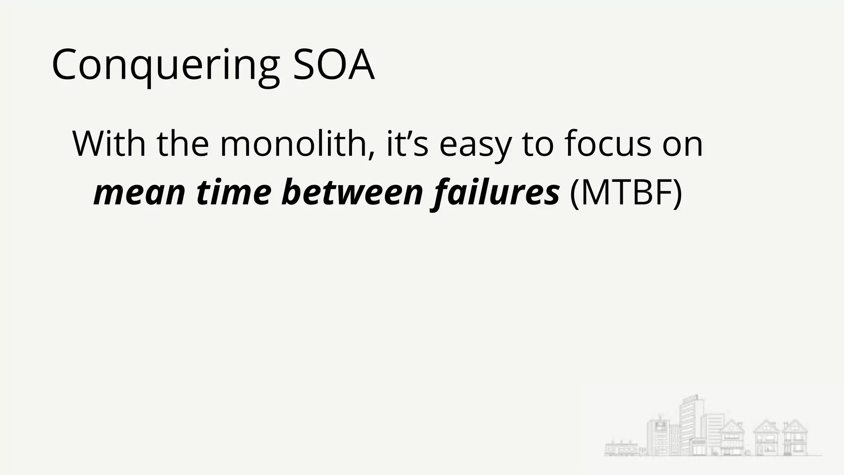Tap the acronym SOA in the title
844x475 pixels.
[x=333, y=65]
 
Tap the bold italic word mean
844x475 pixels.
[x=139, y=193]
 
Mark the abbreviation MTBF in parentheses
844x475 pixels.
[x=626, y=193]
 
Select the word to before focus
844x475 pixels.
[x=537, y=144]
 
